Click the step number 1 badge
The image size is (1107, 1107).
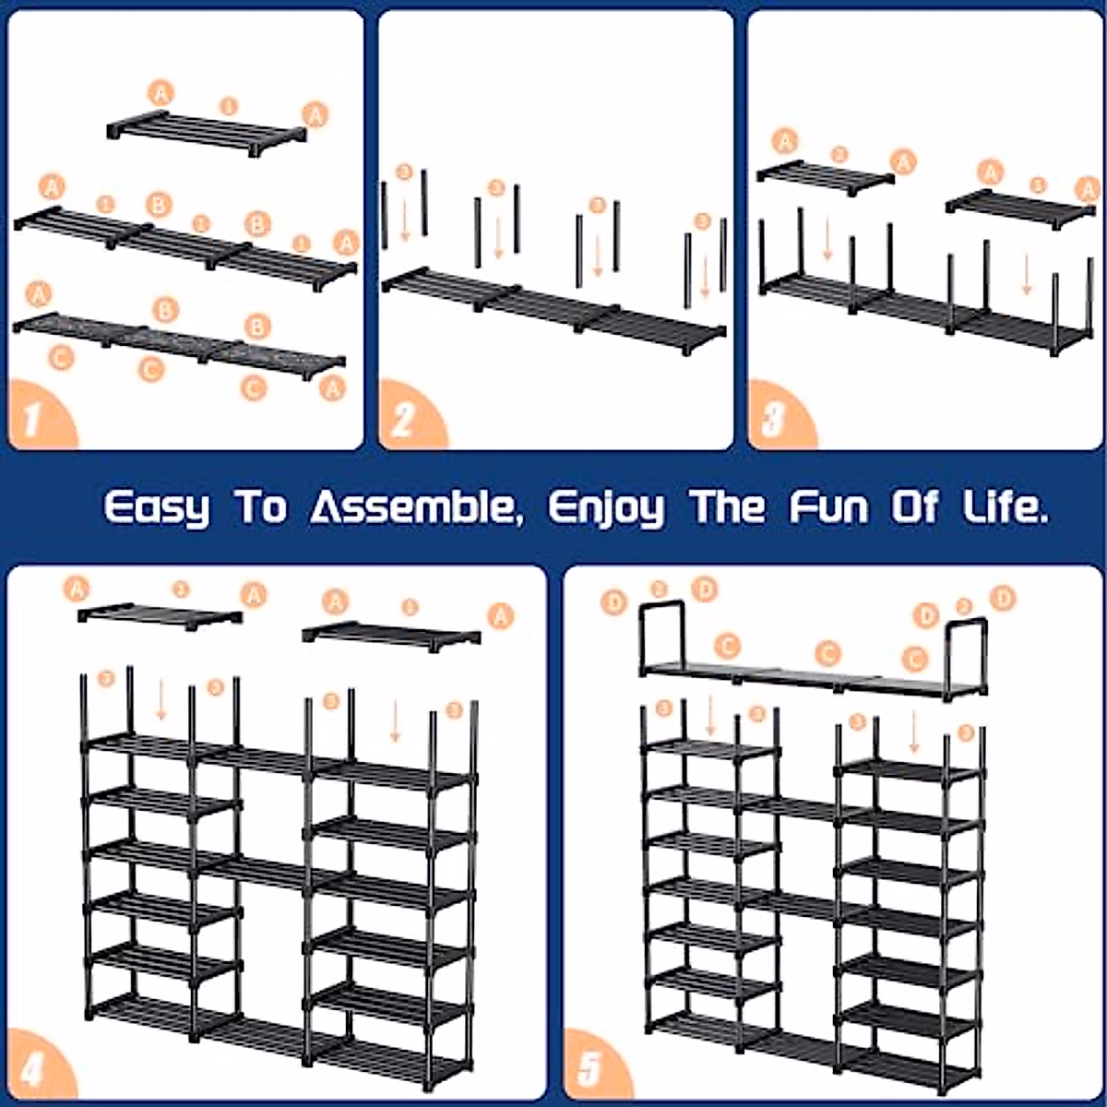[34, 420]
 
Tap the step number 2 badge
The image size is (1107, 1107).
[403, 420]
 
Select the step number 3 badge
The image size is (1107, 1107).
[773, 420]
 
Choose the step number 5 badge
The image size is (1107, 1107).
[589, 1070]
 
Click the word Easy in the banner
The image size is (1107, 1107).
[156, 508]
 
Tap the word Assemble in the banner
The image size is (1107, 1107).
[413, 506]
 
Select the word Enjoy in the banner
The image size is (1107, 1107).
[605, 508]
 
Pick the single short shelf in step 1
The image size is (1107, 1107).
[208, 128]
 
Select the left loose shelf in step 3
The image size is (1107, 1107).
[824, 174]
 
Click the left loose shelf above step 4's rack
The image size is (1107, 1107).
[159, 613]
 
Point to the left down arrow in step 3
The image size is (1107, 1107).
[827, 238]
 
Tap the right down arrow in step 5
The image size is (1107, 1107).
[913, 732]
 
